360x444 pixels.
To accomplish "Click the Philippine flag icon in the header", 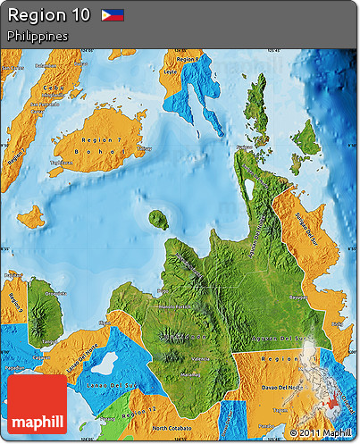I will pyautogui.click(x=113, y=15).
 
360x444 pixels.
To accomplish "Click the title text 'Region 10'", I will pyautogui.click(x=48, y=15).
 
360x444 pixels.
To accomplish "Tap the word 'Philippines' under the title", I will pyautogui.click(x=37, y=36).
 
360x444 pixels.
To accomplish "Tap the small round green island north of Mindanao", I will pyautogui.click(x=159, y=220).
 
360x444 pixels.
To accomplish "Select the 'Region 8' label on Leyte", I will pyautogui.click(x=188, y=59).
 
